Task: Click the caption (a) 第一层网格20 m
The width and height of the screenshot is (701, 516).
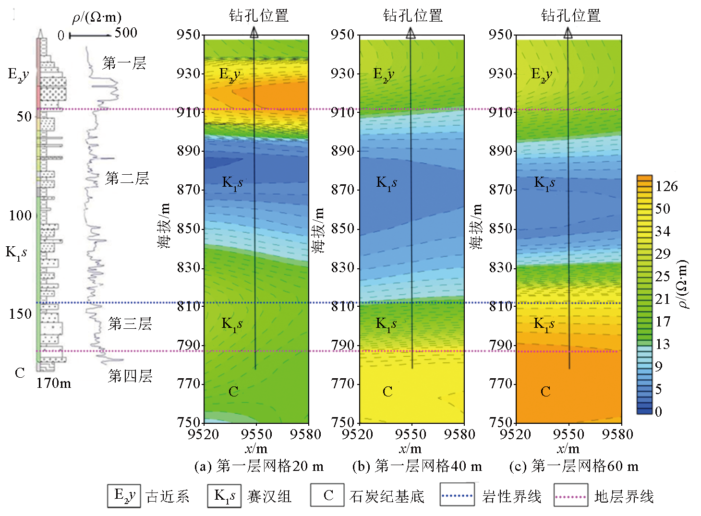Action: click(x=259, y=466)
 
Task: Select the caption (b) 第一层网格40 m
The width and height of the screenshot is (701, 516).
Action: click(x=417, y=466)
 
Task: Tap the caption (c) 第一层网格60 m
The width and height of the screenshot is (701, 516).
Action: click(x=574, y=466)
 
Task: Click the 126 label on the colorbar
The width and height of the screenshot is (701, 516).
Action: click(x=666, y=186)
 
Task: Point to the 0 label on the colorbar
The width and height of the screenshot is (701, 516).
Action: click(x=658, y=411)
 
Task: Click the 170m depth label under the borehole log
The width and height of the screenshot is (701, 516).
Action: click(x=54, y=383)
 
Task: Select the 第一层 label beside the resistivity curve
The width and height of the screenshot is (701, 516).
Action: click(x=124, y=63)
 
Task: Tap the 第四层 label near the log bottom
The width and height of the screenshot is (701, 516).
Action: click(x=130, y=376)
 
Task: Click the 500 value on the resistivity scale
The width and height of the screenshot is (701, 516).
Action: click(x=126, y=33)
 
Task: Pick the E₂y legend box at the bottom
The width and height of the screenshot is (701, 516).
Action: click(x=124, y=495)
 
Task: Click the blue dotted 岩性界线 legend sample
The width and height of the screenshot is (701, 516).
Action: click(x=457, y=496)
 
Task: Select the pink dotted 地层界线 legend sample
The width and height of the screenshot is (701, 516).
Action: click(x=571, y=496)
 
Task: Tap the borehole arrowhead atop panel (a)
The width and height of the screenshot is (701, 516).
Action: click(x=254, y=33)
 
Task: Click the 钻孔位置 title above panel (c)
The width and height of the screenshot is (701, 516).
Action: click(x=570, y=15)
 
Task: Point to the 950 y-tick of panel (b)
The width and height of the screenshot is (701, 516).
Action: click(x=343, y=35)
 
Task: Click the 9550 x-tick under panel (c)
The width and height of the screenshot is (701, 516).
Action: click(x=568, y=434)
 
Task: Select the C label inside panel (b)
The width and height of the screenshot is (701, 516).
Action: click(x=387, y=392)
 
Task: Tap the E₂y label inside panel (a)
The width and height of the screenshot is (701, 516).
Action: click(x=230, y=74)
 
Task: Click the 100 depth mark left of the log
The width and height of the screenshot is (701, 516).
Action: click(x=20, y=216)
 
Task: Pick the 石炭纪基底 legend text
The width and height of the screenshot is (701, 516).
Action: click(x=387, y=496)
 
